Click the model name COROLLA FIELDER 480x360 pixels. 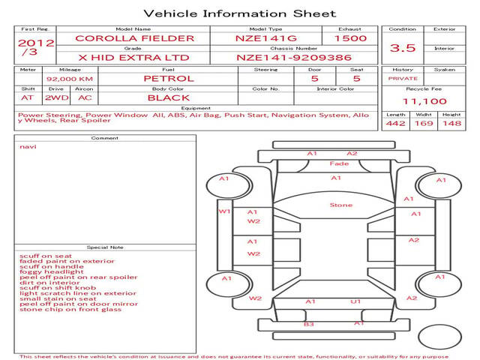135,38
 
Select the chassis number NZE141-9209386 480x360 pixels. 294,58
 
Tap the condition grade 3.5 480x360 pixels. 403,48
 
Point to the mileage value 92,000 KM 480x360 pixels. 70,79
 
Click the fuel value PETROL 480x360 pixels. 169,79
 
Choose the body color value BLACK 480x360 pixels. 169,98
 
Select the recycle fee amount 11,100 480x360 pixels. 424,101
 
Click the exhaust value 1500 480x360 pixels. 350,38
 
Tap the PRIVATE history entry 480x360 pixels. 403,79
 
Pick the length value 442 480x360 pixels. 395,123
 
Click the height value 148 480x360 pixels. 451,123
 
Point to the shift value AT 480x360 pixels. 27,98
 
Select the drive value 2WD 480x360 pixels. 57,98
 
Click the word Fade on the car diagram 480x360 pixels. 339,163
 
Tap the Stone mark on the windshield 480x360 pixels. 341,205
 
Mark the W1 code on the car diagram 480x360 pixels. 224,211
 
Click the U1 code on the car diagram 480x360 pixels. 355,301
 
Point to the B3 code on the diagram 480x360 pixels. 308,324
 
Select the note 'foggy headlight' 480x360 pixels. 52,271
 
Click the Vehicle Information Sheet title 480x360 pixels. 240,13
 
